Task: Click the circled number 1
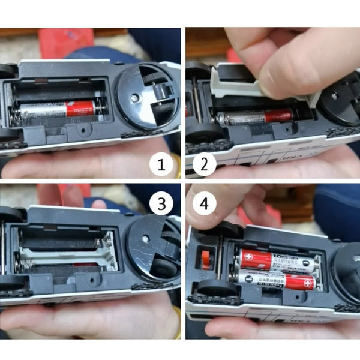point(161,163)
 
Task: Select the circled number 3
point(161,204)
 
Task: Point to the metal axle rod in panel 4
point(220,264)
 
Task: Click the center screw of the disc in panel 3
point(146,239)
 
